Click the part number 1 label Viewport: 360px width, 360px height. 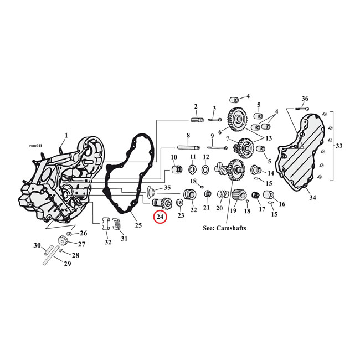[x=66, y=135]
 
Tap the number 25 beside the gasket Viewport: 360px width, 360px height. [x=138, y=225]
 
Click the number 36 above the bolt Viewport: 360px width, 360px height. [x=304, y=99]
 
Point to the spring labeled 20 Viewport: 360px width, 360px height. [x=222, y=196]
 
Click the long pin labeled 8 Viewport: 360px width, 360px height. [x=189, y=147]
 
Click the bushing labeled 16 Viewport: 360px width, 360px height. [x=270, y=196]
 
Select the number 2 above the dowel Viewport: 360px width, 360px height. [x=196, y=106]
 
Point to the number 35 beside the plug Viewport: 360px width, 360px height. [x=167, y=188]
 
